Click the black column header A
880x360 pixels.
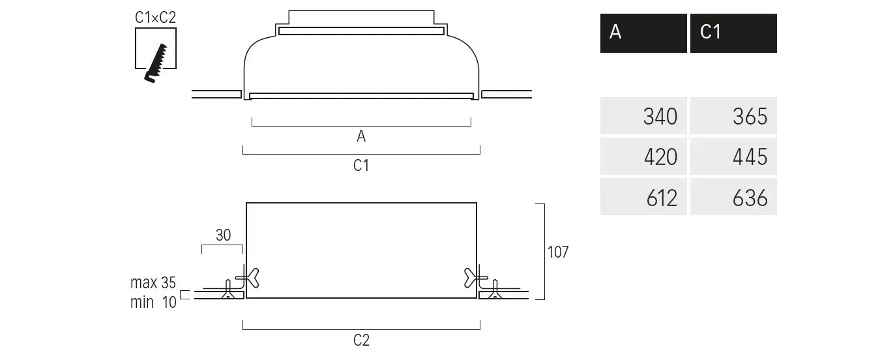[x=643, y=33]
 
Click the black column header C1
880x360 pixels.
[x=733, y=33]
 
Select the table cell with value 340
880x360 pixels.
[x=643, y=116]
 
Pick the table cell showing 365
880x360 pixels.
[x=733, y=116]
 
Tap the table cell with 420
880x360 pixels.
[x=643, y=157]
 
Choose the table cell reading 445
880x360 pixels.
[x=733, y=157]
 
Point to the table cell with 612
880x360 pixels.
[x=643, y=197]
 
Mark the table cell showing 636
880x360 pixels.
[x=733, y=197]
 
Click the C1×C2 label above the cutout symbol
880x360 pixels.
[x=155, y=18]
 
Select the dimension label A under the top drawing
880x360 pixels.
[x=361, y=136]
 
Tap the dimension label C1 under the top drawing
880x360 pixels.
[x=361, y=166]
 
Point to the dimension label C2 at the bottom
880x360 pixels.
[x=361, y=340]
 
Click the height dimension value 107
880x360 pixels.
[x=558, y=252]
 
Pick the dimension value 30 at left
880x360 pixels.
[x=223, y=235]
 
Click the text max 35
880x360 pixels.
[x=153, y=283]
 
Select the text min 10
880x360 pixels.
[x=153, y=302]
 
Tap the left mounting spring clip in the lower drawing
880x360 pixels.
[x=248, y=278]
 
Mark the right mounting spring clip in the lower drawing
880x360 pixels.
[x=473, y=278]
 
